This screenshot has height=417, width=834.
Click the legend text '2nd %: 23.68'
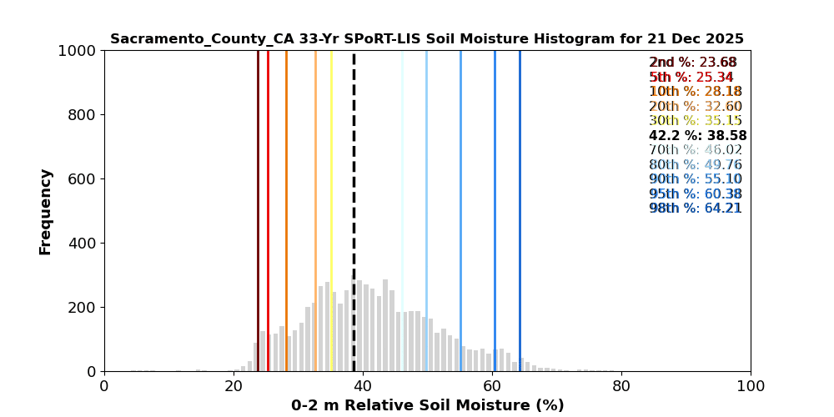pos(692,63)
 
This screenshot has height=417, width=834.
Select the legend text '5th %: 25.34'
pos(691,78)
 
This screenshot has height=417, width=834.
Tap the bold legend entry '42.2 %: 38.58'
pos(697,136)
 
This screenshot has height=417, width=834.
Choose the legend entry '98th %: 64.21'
pos(695,208)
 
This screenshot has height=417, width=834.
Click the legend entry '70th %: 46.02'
pos(695,150)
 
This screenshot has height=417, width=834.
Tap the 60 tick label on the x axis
pos(492,387)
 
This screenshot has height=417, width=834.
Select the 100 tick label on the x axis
pos(751,387)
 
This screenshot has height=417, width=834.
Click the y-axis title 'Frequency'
pos(46,211)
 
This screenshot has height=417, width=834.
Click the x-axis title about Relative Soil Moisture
pos(427,405)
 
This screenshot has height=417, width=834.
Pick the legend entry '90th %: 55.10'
pos(695,179)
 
